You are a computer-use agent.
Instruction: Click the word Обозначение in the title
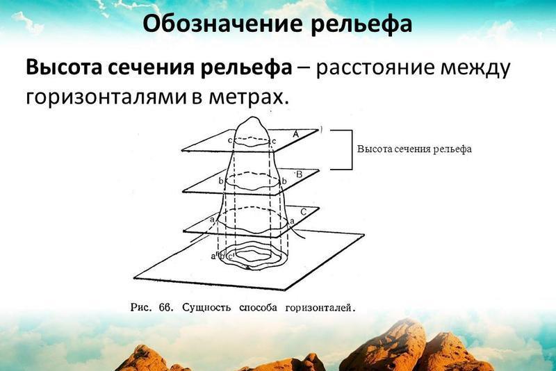(222, 24)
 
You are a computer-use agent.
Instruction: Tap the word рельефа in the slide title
(361, 26)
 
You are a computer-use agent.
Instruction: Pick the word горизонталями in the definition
(106, 97)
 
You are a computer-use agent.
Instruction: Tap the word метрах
(247, 97)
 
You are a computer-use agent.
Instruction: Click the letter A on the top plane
(296, 134)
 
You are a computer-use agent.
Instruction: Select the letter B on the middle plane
(299, 174)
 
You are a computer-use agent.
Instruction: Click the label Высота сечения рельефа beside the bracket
(414, 149)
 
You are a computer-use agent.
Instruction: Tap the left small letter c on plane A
(230, 140)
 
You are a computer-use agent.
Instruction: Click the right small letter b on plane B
(284, 181)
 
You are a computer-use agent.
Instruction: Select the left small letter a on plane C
(213, 220)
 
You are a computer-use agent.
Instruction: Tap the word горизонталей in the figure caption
(320, 308)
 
